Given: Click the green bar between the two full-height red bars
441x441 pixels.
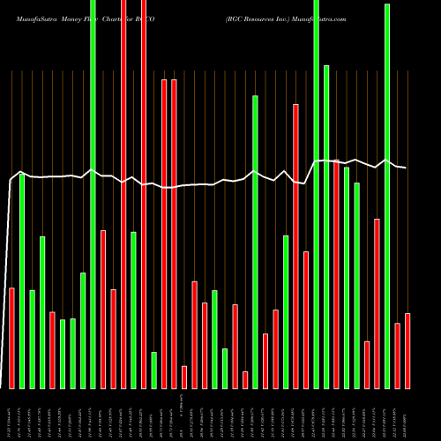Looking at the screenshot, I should point(133,310).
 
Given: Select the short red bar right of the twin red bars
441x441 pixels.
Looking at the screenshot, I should point(184,377).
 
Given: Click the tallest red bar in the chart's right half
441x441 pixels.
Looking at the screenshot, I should point(295,246).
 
